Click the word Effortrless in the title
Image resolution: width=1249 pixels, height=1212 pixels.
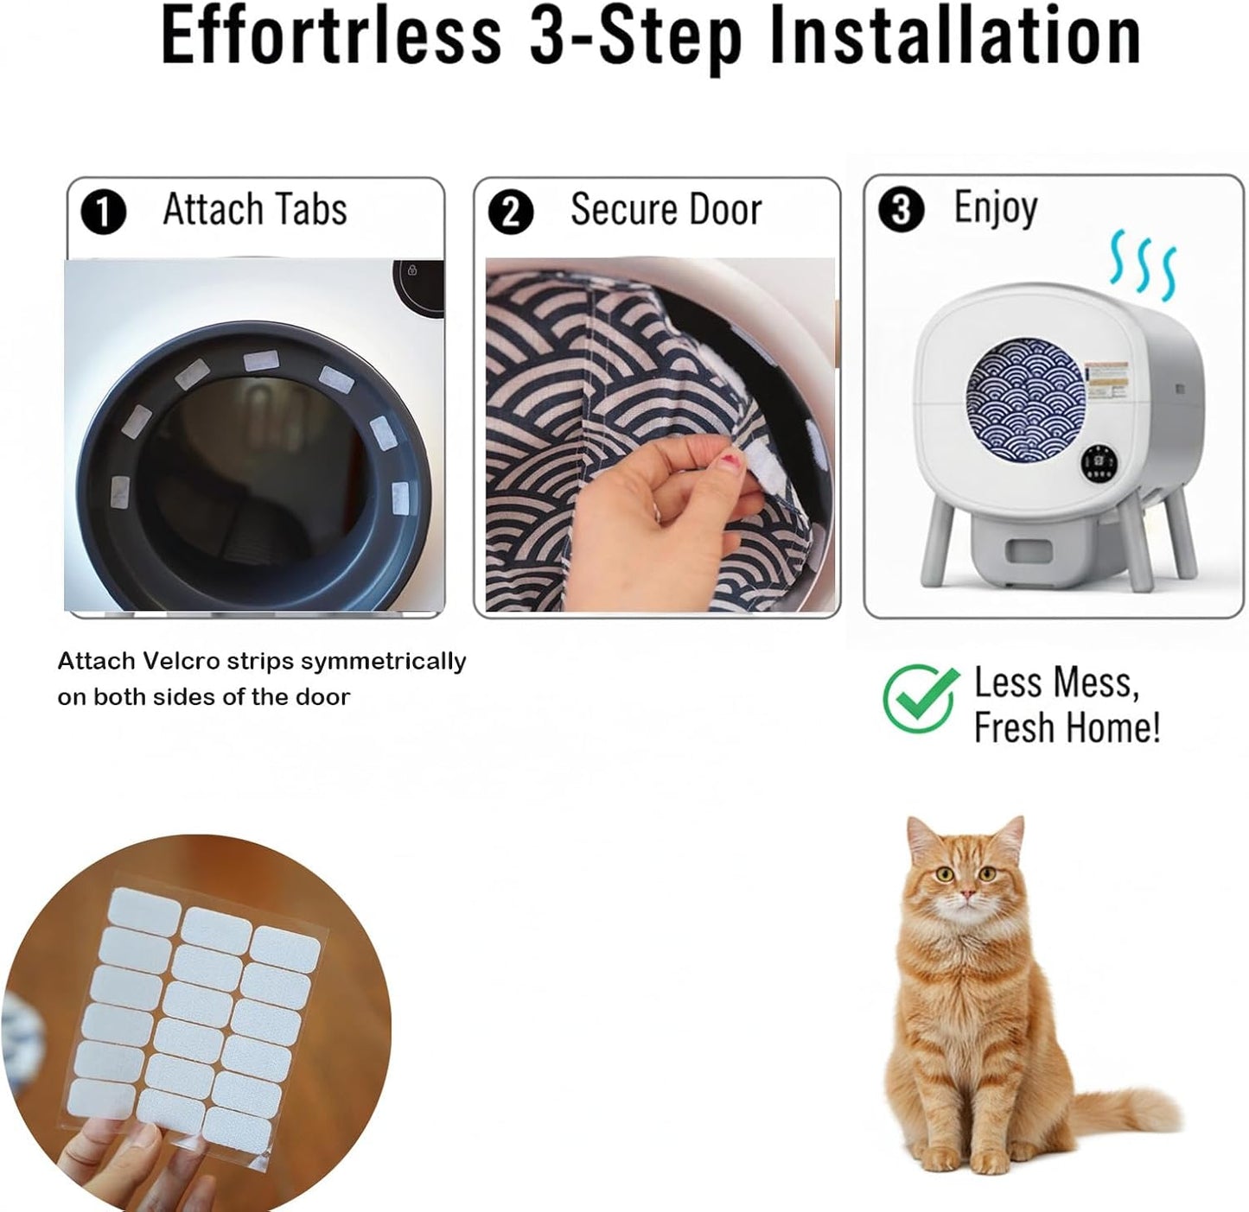(x=330, y=36)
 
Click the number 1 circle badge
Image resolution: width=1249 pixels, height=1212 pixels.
(x=104, y=213)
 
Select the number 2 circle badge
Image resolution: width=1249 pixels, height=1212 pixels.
(x=510, y=213)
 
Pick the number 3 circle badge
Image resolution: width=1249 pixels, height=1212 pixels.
(x=901, y=209)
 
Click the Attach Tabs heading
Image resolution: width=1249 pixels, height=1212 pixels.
(x=255, y=209)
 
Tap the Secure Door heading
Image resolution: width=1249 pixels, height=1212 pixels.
(x=666, y=209)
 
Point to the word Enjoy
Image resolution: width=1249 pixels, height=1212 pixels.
(x=996, y=207)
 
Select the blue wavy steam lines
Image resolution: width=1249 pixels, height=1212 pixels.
(x=1143, y=263)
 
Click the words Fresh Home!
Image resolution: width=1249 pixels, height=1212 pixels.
(x=1067, y=727)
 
